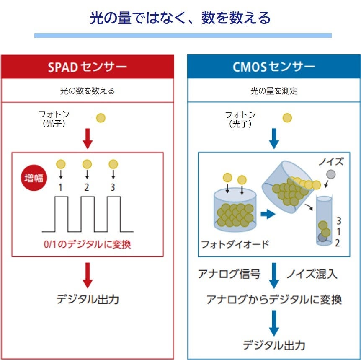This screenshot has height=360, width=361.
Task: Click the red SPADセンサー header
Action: pyautogui.click(x=87, y=67)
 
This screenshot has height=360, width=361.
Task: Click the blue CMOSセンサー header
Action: pyautogui.click(x=274, y=67)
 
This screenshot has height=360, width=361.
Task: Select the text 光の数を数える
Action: pyautogui.click(x=87, y=91)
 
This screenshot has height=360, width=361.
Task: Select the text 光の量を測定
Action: pyautogui.click(x=274, y=91)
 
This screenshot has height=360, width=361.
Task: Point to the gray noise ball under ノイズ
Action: pyautogui.click(x=331, y=174)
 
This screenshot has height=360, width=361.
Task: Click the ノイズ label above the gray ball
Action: pyautogui.click(x=331, y=161)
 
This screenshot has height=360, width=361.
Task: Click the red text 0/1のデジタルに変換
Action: pyautogui.click(x=87, y=244)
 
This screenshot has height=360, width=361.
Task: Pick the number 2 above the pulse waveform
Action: pyautogui.click(x=87, y=187)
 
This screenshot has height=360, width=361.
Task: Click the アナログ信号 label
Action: pyautogui.click(x=229, y=274)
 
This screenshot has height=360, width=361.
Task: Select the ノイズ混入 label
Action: pyautogui.click(x=312, y=274)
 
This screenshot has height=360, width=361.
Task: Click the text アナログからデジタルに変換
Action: pyautogui.click(x=274, y=299)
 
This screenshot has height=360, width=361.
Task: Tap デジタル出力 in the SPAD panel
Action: pyautogui.click(x=88, y=299)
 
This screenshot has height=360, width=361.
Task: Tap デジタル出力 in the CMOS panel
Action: pyautogui.click(x=274, y=345)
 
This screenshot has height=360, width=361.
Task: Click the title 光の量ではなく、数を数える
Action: pyautogui.click(x=180, y=18)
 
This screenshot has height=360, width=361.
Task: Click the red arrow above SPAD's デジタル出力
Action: pyautogui.click(x=87, y=275)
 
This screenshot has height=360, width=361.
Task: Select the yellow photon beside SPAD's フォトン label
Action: pyautogui.click(x=101, y=118)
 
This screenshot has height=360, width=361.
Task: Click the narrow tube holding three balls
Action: pyautogui.click(x=323, y=220)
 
